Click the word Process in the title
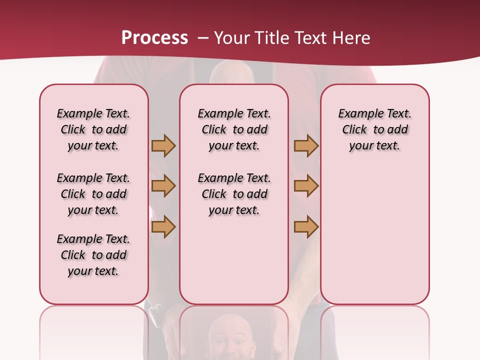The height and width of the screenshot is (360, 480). [x=154, y=38]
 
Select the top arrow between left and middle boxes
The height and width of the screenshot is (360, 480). [x=163, y=145]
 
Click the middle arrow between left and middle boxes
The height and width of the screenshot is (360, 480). [x=163, y=186]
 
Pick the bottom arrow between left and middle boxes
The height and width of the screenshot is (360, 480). [x=163, y=226]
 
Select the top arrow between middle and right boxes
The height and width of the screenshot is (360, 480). [x=306, y=145]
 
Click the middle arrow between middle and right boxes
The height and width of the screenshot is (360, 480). [x=306, y=186]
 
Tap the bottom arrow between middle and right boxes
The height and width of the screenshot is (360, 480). [x=306, y=226]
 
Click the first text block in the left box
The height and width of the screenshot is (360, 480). [x=93, y=129]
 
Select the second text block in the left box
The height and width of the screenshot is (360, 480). [x=93, y=194]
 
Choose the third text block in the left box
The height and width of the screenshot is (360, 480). [x=93, y=255]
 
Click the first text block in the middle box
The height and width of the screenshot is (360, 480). [x=234, y=129]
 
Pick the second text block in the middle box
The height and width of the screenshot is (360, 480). [x=234, y=194]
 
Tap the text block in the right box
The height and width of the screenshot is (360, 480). [x=374, y=129]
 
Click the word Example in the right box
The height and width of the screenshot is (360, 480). [x=357, y=113]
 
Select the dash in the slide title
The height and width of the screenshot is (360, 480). [x=203, y=38]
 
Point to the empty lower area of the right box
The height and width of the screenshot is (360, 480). [x=374, y=235]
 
